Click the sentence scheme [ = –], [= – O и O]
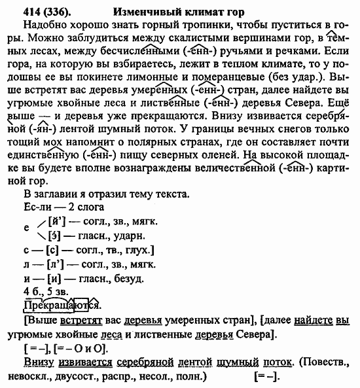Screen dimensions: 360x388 pyautogui.click(x=64, y=347)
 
